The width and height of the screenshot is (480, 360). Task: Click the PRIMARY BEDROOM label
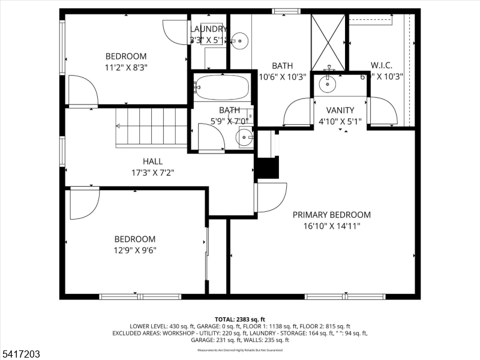331,215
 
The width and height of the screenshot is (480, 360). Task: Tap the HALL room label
152,161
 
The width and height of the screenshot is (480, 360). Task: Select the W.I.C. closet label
382,65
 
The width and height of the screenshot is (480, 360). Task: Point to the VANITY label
340,110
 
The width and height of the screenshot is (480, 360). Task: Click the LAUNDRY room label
208,29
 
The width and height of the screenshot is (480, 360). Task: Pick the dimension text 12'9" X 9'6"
135,250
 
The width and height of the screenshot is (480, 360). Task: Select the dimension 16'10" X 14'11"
331,226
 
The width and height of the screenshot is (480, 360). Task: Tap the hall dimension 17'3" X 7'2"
152,173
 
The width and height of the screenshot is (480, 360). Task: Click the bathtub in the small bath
222,88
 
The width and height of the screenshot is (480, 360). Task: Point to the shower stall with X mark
328,42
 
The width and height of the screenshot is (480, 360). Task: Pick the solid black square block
268,167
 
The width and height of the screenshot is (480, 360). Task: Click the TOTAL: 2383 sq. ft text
239,319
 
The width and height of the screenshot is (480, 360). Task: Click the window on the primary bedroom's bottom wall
345,296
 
